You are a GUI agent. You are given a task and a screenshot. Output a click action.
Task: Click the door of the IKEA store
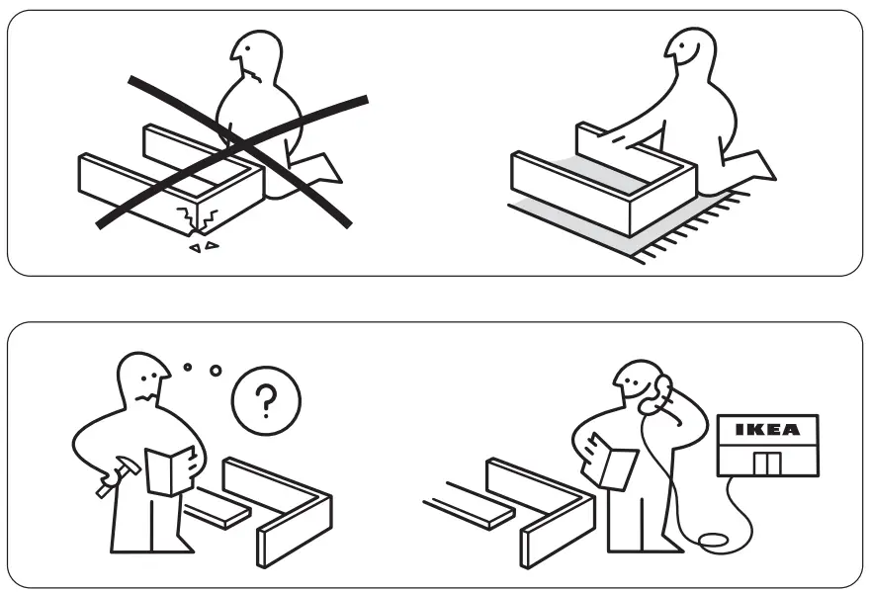click(766, 462)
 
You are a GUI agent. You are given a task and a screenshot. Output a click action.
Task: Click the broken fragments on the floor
click(203, 245)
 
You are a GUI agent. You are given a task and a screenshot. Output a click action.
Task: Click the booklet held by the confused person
click(169, 470)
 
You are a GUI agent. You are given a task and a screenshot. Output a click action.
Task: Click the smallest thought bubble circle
click(188, 367)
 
